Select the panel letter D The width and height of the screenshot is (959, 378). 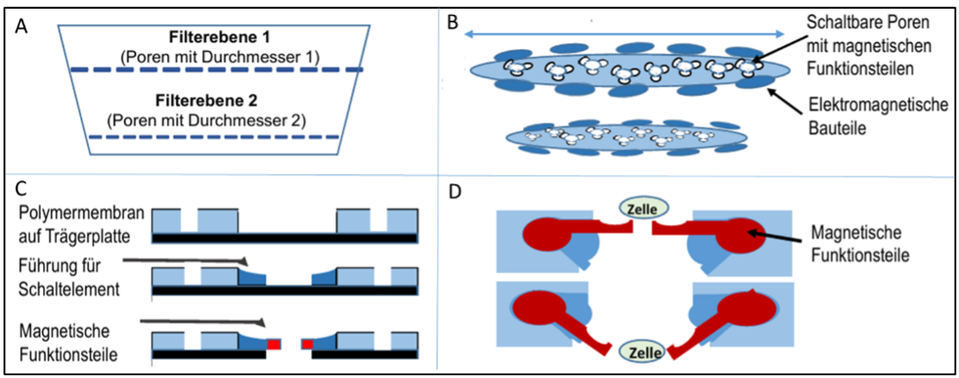pyautogui.click(x=453, y=189)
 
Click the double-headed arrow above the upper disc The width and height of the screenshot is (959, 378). pyautogui.click(x=625, y=33)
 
